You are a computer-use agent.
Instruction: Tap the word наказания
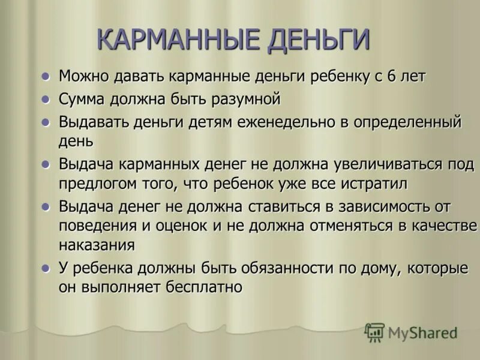[97, 245]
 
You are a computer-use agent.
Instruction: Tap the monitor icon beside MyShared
[374, 332]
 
